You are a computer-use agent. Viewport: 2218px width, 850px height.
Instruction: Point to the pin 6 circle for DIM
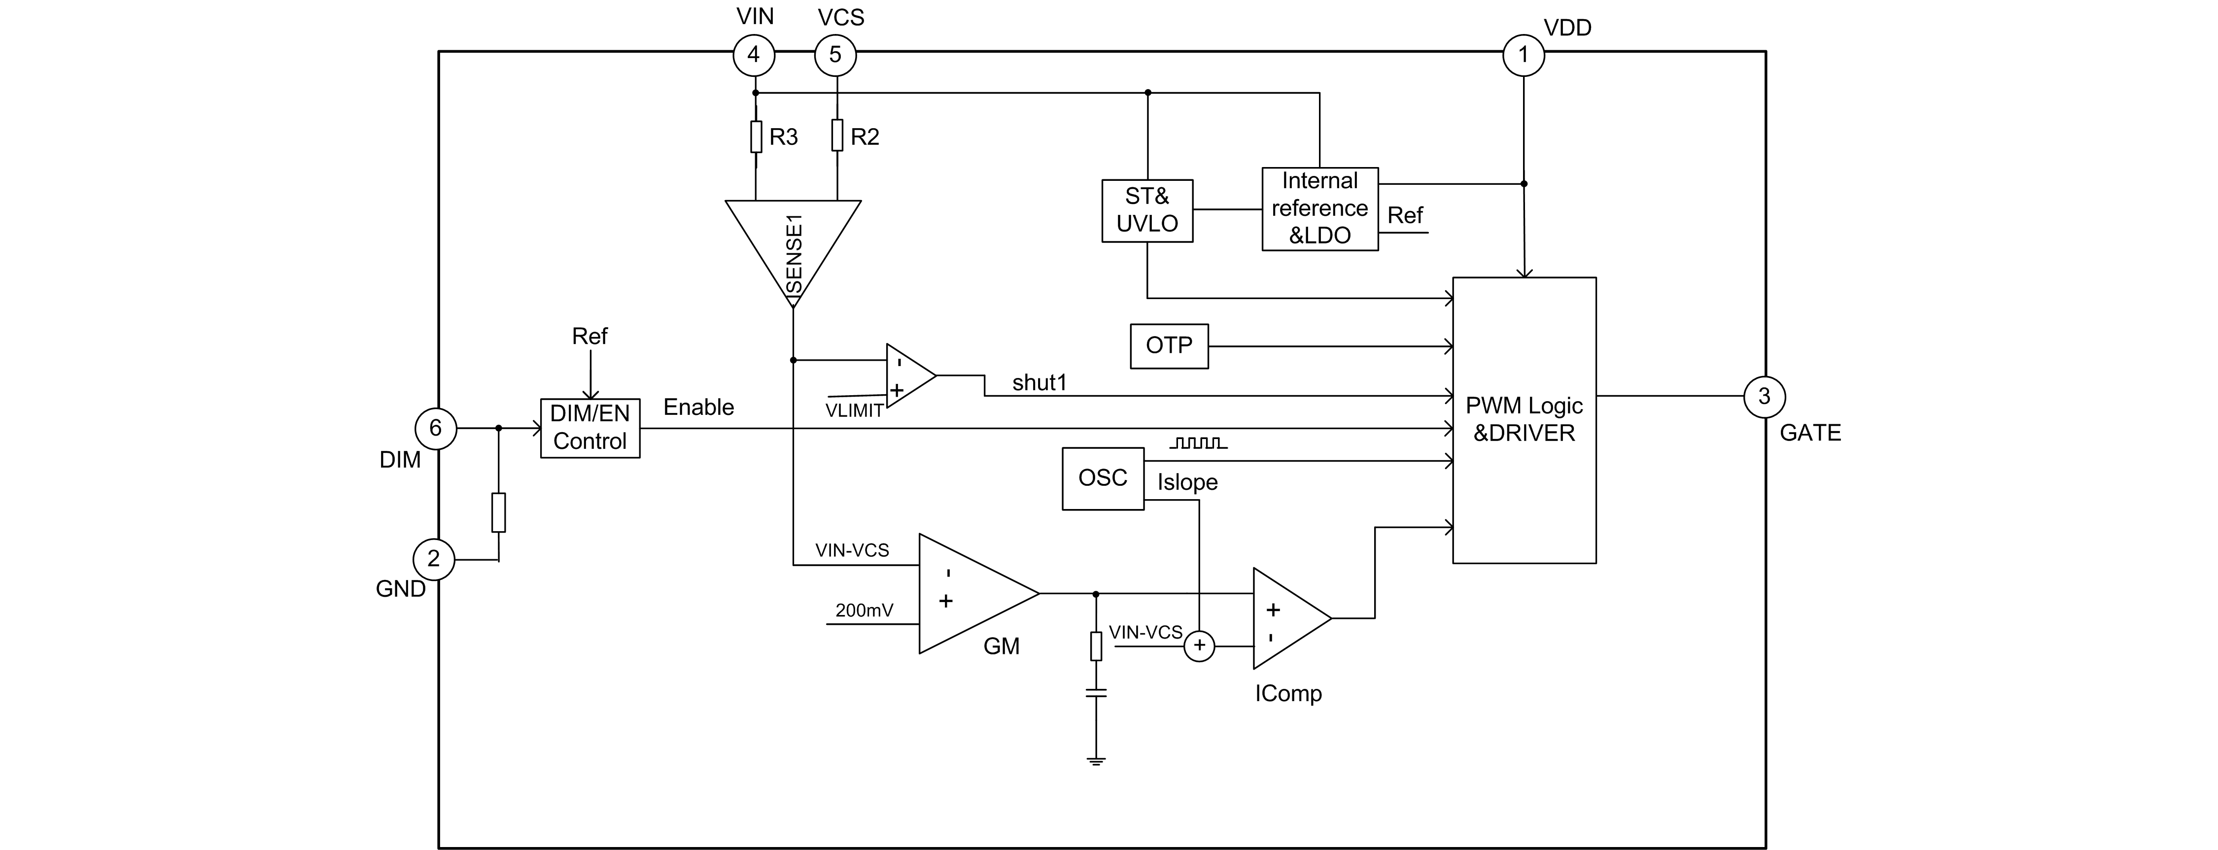pos(436,428)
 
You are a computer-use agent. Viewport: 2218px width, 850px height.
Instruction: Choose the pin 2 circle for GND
pos(434,559)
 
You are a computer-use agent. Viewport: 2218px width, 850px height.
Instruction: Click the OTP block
pos(1169,346)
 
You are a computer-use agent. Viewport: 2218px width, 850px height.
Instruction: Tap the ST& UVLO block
pos(1147,210)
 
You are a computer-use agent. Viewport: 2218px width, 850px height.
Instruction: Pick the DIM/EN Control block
pos(590,428)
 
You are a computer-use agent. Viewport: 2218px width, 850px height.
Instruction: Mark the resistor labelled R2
pos(837,136)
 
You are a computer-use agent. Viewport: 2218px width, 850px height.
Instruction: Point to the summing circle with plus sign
pos(1199,646)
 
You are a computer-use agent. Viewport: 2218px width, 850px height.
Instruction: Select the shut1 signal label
pos(1040,382)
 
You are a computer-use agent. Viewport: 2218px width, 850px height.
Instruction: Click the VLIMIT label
pos(854,411)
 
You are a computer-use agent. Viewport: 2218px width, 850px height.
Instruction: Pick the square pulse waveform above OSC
pos(1198,443)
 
